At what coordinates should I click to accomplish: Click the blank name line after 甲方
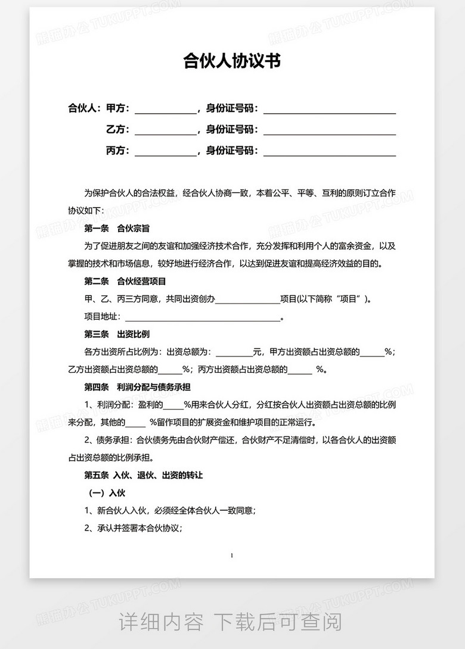tap(166, 110)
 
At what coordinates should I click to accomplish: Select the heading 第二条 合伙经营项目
tap(125, 281)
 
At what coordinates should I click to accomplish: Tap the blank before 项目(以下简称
tap(247, 299)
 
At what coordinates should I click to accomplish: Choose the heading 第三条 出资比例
tap(117, 335)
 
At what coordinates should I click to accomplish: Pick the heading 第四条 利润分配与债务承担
tap(137, 388)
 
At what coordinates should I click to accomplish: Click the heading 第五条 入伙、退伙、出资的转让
tap(144, 476)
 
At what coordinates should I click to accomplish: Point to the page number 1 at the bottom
tap(231, 556)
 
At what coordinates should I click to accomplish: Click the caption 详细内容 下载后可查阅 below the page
tap(231, 623)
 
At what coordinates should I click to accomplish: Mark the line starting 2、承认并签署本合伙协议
tap(134, 528)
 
